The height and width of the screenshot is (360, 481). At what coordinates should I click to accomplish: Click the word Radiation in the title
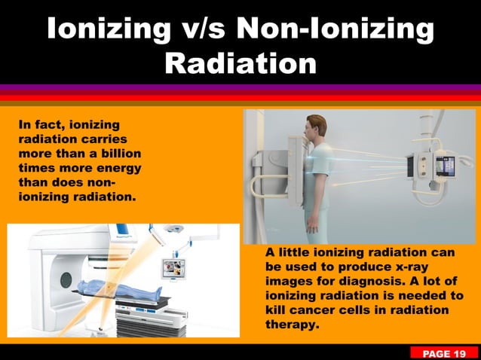tap(240, 63)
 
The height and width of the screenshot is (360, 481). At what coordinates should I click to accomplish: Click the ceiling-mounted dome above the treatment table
tap(176, 228)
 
